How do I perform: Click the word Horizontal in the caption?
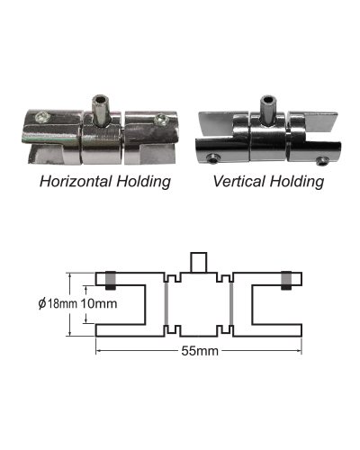76,182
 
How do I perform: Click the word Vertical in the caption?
239,182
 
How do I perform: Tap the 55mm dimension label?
200,351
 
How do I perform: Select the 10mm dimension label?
99,303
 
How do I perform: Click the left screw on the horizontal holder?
41,116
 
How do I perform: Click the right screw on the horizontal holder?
161,119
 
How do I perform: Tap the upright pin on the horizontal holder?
101,110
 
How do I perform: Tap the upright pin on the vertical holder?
268,110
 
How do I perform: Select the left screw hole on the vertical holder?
213,158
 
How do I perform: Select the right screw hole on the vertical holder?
322,160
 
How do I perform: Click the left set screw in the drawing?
111,280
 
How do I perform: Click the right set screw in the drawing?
286,280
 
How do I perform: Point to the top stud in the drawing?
199,263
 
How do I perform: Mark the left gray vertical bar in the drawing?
166,303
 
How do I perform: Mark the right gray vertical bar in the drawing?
231,303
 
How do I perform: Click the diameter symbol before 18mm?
42,303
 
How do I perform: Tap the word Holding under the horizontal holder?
143,182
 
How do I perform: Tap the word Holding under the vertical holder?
297,182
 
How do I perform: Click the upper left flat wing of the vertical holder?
215,122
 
